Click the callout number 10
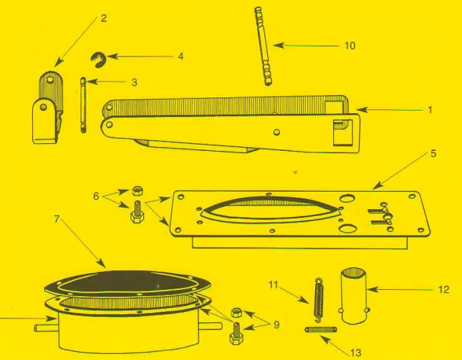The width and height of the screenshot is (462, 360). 350,46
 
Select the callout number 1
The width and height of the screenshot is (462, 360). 430,110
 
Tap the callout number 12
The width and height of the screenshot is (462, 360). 444,289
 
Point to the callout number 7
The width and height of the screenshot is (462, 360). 57,219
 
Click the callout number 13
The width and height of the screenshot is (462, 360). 356,353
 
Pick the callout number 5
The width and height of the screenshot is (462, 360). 433,153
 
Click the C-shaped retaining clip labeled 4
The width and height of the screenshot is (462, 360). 98,60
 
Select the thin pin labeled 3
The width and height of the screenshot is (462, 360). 83,105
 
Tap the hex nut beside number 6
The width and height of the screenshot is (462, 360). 137,191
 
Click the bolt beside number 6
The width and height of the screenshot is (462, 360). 137,211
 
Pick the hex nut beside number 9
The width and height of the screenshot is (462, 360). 236,312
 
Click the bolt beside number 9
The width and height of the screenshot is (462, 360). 236,333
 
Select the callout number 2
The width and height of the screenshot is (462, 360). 104,18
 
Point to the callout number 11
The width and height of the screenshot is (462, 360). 273,285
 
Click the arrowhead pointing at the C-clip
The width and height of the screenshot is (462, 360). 112,57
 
